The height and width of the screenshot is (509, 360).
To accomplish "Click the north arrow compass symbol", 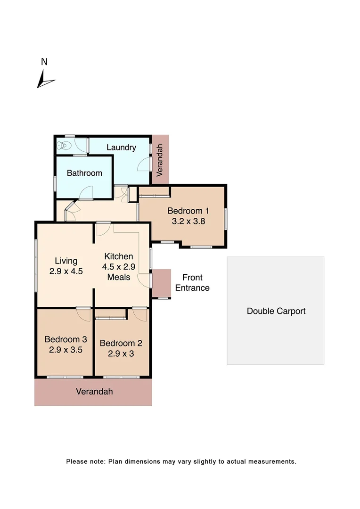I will coord(45,80).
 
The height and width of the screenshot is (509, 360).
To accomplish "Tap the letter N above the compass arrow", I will coord(44,62).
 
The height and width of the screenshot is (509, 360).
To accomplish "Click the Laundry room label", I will coord(121,148).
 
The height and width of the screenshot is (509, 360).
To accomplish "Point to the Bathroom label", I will coord(84,173).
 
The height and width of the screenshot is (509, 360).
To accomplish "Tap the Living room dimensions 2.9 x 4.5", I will coord(66,271).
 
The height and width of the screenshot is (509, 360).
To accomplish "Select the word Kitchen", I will coord(119,256).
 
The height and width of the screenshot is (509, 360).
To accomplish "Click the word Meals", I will coord(119,277).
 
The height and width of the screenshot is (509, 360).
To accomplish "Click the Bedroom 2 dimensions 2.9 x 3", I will coord(121,353).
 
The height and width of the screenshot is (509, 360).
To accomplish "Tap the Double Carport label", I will coord(276,311).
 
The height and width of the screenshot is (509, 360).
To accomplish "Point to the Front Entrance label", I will coord(192,283).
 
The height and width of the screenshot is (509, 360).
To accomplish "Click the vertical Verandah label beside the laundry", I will coord(160,160).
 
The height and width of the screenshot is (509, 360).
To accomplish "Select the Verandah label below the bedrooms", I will coord(95,392).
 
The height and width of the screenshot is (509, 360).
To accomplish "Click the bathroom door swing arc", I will coord(86,193).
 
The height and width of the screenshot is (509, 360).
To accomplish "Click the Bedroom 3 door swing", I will coord(84,314).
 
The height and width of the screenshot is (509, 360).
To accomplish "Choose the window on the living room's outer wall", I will coord(36,265).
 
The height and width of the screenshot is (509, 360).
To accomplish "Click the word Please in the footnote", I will coord(77,461).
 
